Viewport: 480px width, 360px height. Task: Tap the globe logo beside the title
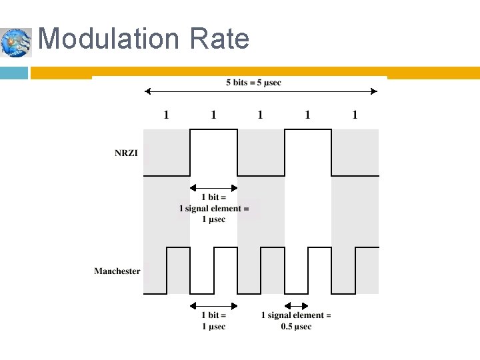pyautogui.click(x=16, y=43)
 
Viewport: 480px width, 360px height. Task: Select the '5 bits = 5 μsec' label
pyautogui.click(x=253, y=83)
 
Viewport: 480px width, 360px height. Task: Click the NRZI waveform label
pyautogui.click(x=127, y=153)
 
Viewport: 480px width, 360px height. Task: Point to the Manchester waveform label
pyautogui.click(x=117, y=271)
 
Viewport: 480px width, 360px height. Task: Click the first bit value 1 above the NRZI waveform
pyautogui.click(x=167, y=115)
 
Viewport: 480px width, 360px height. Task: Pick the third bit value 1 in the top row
pyautogui.click(x=261, y=115)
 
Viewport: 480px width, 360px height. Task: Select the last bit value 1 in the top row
pyautogui.click(x=355, y=115)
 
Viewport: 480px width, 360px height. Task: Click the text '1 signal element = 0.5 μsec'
pyautogui.click(x=296, y=321)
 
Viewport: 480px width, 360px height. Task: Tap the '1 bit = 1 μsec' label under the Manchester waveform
pyautogui.click(x=213, y=321)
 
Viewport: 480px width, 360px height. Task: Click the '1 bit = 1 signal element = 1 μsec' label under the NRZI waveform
pyautogui.click(x=213, y=208)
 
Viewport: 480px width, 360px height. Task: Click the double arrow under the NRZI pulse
pyautogui.click(x=213, y=187)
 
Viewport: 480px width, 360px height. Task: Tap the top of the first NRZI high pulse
pyautogui.click(x=213, y=129)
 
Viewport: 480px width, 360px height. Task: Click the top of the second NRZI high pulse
pyautogui.click(x=307, y=129)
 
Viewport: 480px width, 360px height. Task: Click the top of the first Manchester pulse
pyautogui.click(x=178, y=247)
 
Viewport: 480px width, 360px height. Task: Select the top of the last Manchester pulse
pyautogui.click(x=367, y=247)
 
